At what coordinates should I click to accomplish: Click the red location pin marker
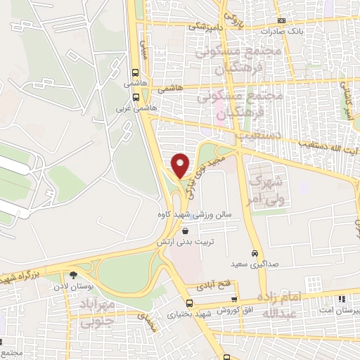pyautogui.click(x=181, y=166)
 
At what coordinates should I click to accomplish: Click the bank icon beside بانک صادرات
pyautogui.click(x=281, y=21)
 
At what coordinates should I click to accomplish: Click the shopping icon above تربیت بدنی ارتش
pyautogui.click(x=185, y=230)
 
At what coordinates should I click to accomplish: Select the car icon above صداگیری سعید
pyautogui.click(x=254, y=253)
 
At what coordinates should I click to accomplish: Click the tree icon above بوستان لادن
pyautogui.click(x=73, y=276)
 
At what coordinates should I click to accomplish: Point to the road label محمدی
pyautogui.click(x=146, y=321)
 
